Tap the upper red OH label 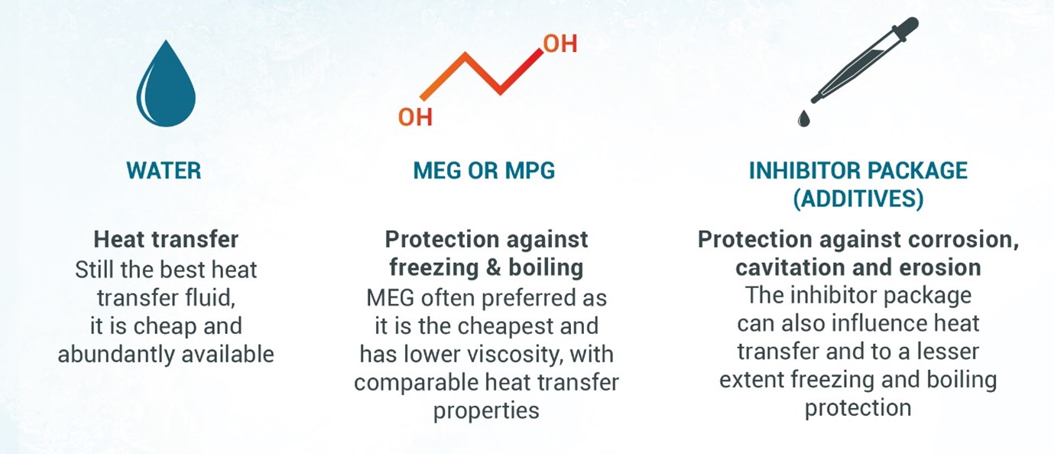(x=560, y=44)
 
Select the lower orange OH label (x=415, y=117)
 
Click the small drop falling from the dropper (x=803, y=118)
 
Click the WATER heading (x=164, y=170)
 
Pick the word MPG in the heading (x=530, y=170)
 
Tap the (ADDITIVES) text (x=858, y=199)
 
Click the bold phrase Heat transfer (x=166, y=239)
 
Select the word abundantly (x=116, y=355)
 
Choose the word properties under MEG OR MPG (x=486, y=411)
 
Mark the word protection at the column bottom (x=858, y=408)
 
